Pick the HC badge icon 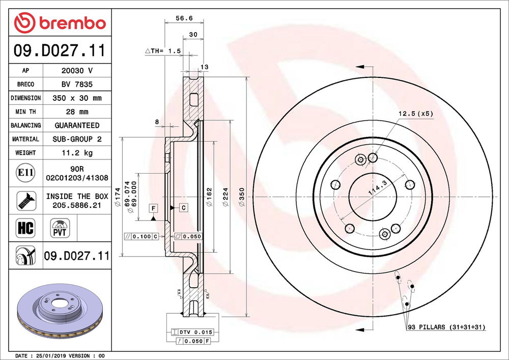click(x=25, y=228)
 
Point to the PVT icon click(x=60, y=227)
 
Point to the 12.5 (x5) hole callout click(x=416, y=114)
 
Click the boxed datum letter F click(x=153, y=207)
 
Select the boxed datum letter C click(x=183, y=207)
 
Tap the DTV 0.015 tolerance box click(x=192, y=331)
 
